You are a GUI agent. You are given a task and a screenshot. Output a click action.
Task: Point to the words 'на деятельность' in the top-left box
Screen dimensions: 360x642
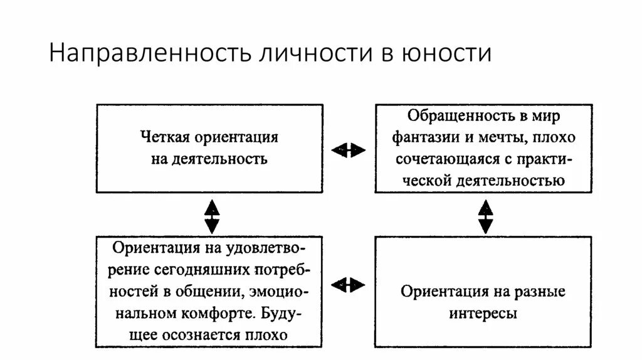point(209,158)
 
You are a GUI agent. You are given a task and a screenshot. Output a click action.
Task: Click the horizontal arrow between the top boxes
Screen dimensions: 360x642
point(348,149)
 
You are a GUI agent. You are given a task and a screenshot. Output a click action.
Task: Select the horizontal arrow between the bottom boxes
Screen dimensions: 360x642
point(348,285)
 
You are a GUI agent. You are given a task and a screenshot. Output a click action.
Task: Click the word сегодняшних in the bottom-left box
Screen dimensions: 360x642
point(212,270)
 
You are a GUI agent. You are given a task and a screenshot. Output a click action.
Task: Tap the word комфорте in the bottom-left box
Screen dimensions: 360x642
point(226,313)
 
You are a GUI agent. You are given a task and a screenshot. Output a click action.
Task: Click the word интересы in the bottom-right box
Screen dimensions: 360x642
point(483,313)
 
